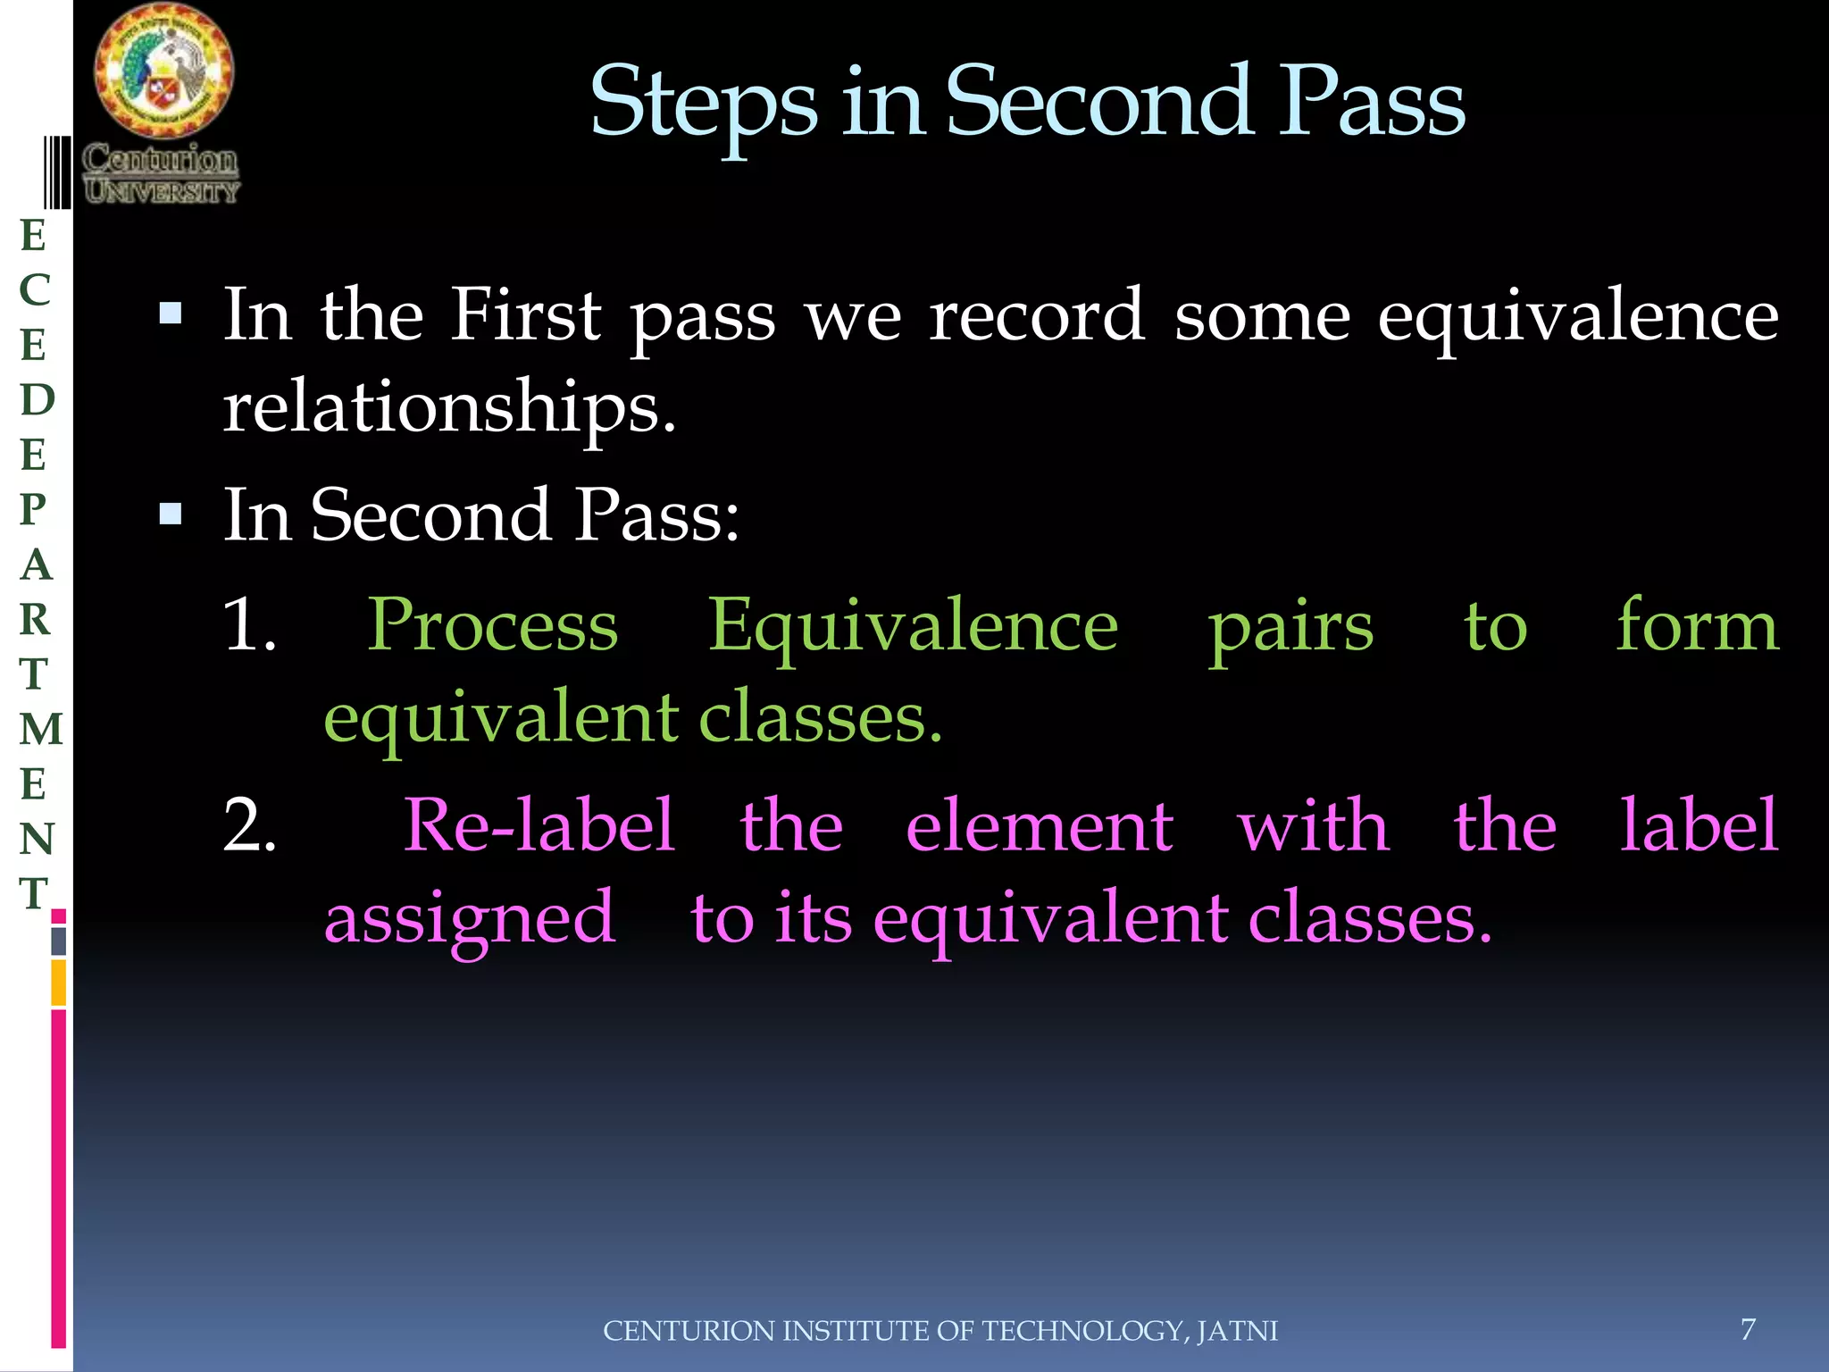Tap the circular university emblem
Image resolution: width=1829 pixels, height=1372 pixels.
[163, 71]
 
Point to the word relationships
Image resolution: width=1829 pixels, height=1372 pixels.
[449, 406]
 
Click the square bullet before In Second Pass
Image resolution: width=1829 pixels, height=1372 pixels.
[171, 514]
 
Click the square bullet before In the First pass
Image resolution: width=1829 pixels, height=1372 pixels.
[171, 314]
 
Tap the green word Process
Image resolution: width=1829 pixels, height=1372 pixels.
[493, 626]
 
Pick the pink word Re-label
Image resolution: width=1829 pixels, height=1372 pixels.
[539, 825]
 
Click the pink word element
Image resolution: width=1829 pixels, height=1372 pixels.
[1039, 825]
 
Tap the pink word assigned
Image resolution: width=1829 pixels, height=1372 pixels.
[470, 920]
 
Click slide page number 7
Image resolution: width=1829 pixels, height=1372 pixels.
[1748, 1329]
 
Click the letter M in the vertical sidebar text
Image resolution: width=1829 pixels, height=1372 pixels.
[41, 729]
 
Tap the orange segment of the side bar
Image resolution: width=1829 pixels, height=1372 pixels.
[58, 983]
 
